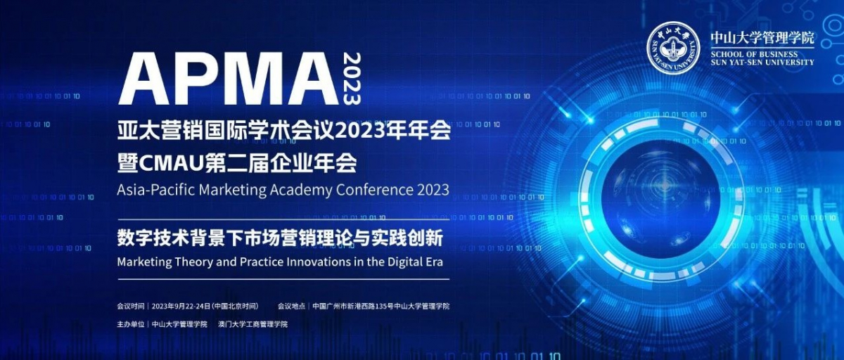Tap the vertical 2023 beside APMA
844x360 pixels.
pyautogui.click(x=352, y=79)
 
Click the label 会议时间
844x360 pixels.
pyautogui.click(x=131, y=306)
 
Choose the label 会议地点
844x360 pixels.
pyautogui.click(x=292, y=306)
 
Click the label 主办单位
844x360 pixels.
pyautogui.click(x=131, y=324)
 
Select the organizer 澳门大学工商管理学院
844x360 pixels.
pyautogui.click(x=252, y=324)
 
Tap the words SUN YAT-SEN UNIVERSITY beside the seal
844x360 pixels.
pyautogui.click(x=762, y=63)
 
